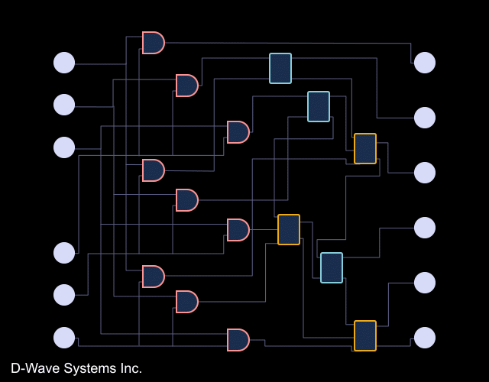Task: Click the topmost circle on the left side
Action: [x=64, y=63]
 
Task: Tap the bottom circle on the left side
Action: [x=64, y=337]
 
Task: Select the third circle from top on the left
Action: [x=64, y=147]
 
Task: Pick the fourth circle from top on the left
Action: [x=64, y=253]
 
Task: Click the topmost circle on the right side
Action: [x=425, y=63]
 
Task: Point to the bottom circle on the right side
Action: [x=425, y=338]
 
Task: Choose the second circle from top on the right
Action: [x=425, y=118]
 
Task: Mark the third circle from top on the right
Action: [x=425, y=173]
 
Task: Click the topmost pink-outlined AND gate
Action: [x=153, y=43]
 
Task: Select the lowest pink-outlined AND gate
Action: [x=238, y=340]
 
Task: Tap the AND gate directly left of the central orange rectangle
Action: [x=238, y=230]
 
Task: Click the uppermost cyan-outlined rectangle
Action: [x=280, y=68]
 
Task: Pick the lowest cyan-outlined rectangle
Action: [x=332, y=267]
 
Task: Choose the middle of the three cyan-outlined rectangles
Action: [x=319, y=106]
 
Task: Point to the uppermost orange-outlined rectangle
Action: [x=365, y=148]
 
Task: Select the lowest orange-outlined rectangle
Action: [x=365, y=335]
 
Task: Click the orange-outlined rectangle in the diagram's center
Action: [x=289, y=229]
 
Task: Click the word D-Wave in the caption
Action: [x=35, y=368]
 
